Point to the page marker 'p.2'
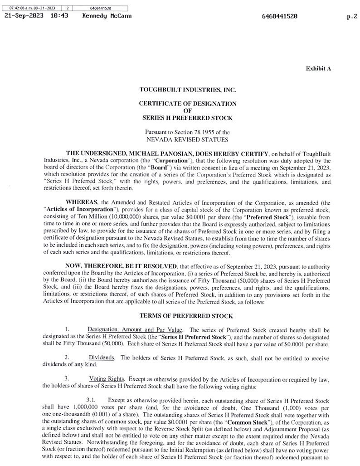pos(351,15)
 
